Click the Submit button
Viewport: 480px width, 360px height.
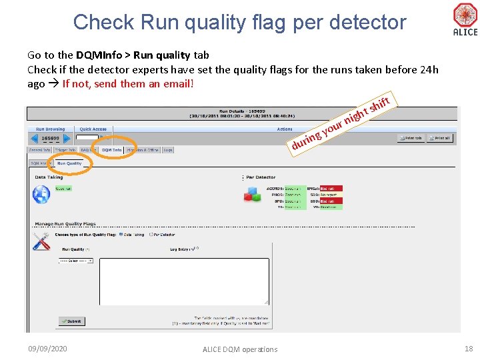point(71,321)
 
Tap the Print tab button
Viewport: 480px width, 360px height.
point(411,138)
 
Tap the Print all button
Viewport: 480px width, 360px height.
point(441,138)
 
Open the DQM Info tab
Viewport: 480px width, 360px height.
point(111,150)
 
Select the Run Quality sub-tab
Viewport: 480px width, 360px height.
point(69,163)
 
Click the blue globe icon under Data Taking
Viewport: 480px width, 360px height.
point(41,194)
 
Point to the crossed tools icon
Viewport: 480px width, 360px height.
point(41,241)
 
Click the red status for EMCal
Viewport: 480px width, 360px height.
point(331,189)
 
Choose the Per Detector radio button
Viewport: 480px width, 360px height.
point(151,235)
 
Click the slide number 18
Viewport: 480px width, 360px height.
point(467,349)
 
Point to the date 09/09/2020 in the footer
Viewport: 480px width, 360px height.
point(47,349)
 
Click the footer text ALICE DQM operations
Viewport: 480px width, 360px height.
point(240,349)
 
